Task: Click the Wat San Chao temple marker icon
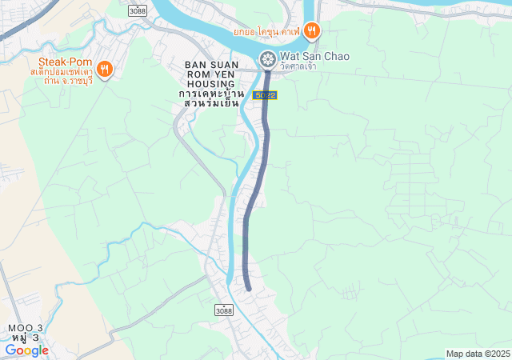point(267,58)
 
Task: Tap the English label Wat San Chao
point(314,57)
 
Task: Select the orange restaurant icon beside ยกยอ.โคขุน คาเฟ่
point(312,31)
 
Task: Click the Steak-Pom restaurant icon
point(105,69)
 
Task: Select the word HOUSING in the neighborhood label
point(210,84)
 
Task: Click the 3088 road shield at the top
point(138,10)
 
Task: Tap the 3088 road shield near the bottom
point(225,310)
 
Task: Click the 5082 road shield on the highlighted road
point(266,95)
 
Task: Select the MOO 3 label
point(26,328)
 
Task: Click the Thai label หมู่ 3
point(26,338)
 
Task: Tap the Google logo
point(27,350)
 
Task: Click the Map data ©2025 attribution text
point(478,354)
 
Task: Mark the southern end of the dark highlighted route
point(249,288)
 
